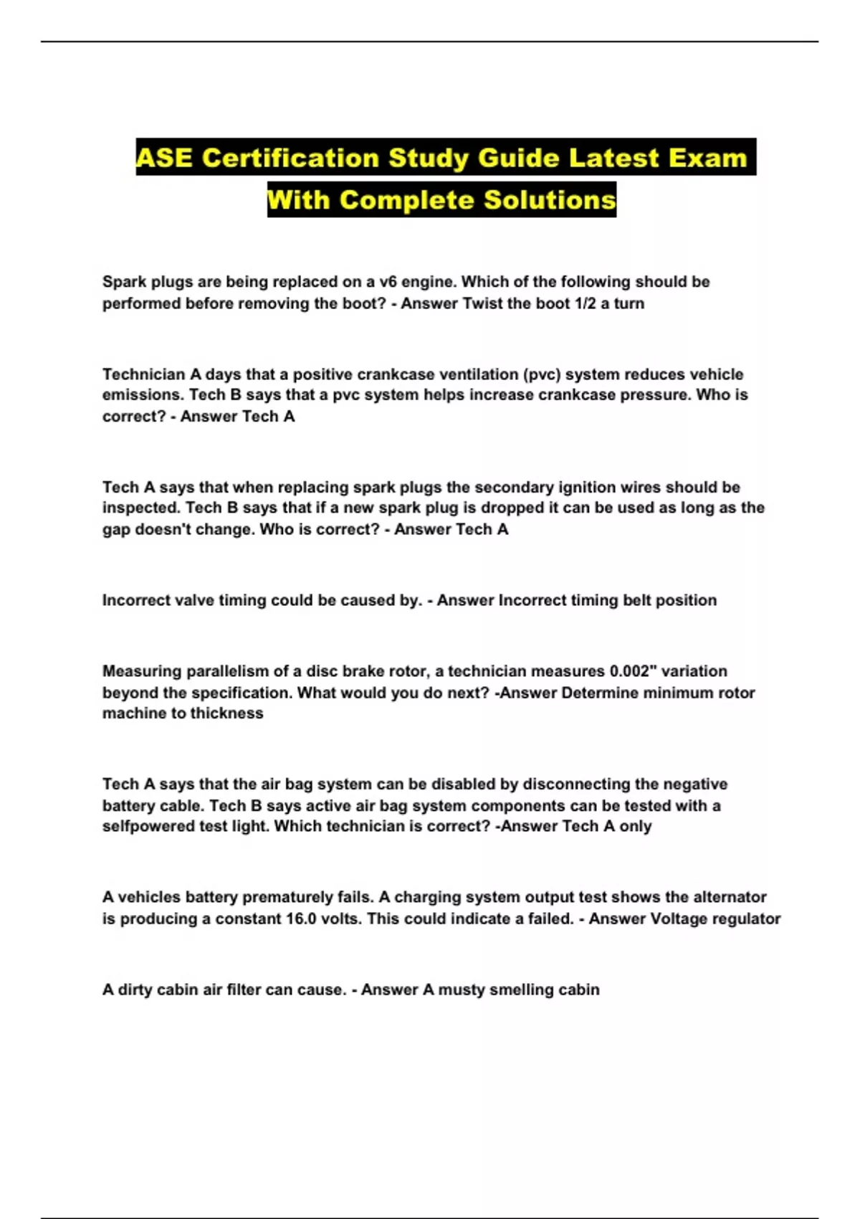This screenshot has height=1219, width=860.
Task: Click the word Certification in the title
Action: (290, 158)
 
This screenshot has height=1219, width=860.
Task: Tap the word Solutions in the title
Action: (550, 199)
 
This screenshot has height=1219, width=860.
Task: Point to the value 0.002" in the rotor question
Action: (633, 671)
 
